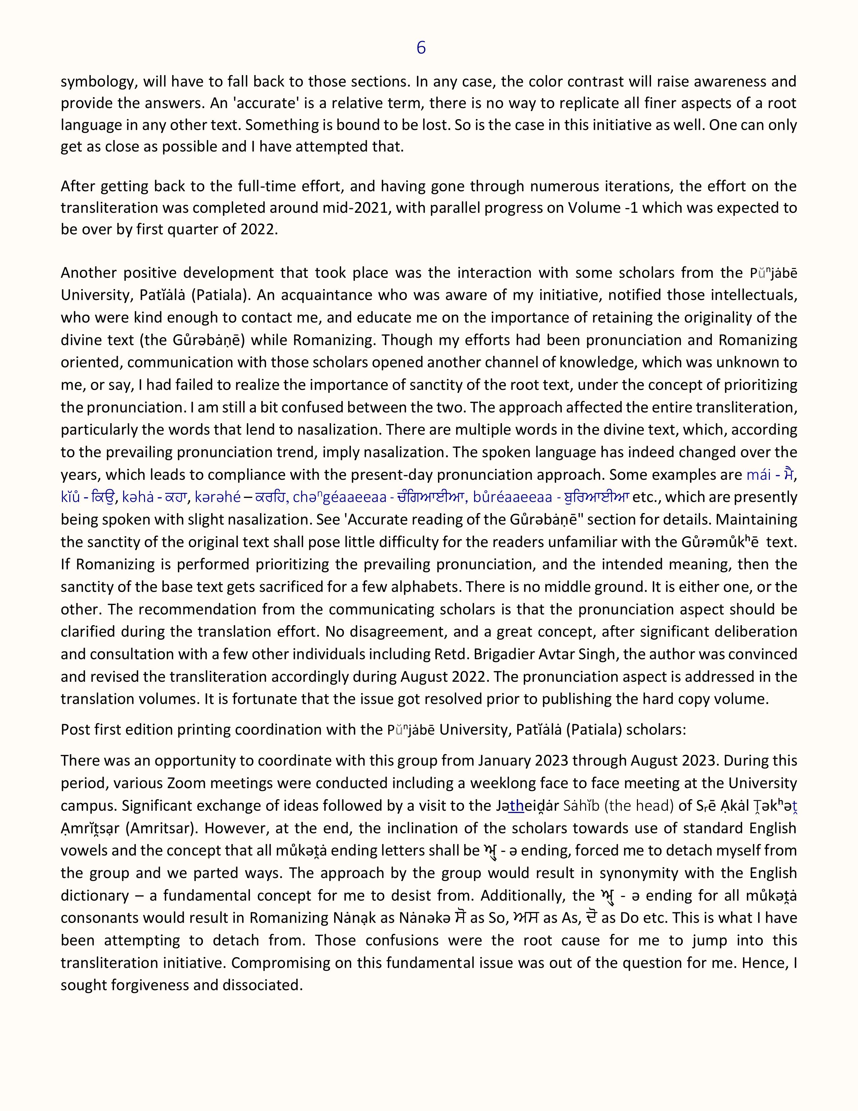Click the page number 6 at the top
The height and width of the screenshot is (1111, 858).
(421, 48)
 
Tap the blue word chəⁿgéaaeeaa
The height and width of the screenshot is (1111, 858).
(339, 497)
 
